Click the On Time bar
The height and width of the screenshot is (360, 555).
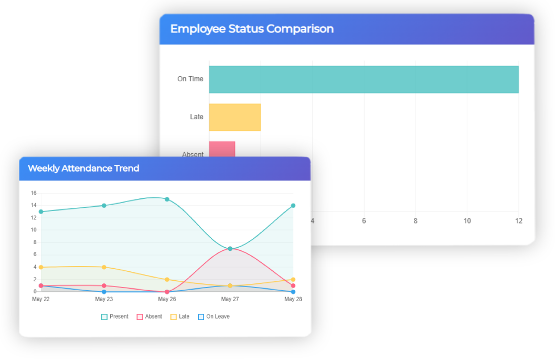click(x=364, y=79)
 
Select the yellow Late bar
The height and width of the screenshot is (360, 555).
click(x=234, y=117)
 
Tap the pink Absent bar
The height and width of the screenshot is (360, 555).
click(x=222, y=149)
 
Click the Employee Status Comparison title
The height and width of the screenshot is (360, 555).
click(x=252, y=29)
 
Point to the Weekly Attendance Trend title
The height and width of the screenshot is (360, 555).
click(x=83, y=168)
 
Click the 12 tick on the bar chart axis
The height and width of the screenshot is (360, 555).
click(x=519, y=221)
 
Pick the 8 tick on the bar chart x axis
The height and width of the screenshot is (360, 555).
click(x=415, y=221)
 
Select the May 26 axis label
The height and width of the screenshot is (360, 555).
click(x=167, y=299)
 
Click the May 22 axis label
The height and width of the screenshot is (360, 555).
click(x=41, y=299)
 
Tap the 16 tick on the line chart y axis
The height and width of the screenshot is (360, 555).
click(x=34, y=193)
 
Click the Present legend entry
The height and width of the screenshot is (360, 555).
click(x=115, y=316)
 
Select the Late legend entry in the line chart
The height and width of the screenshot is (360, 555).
click(x=180, y=316)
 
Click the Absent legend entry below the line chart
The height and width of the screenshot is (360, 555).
click(x=150, y=316)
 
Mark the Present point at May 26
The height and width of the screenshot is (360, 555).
click(x=167, y=199)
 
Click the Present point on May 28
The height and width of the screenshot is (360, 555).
click(x=293, y=206)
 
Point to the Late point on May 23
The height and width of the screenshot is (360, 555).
click(x=104, y=267)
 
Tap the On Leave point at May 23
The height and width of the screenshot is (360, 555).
click(x=104, y=292)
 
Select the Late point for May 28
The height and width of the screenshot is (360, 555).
click(x=293, y=280)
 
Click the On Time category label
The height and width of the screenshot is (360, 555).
click(x=190, y=79)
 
